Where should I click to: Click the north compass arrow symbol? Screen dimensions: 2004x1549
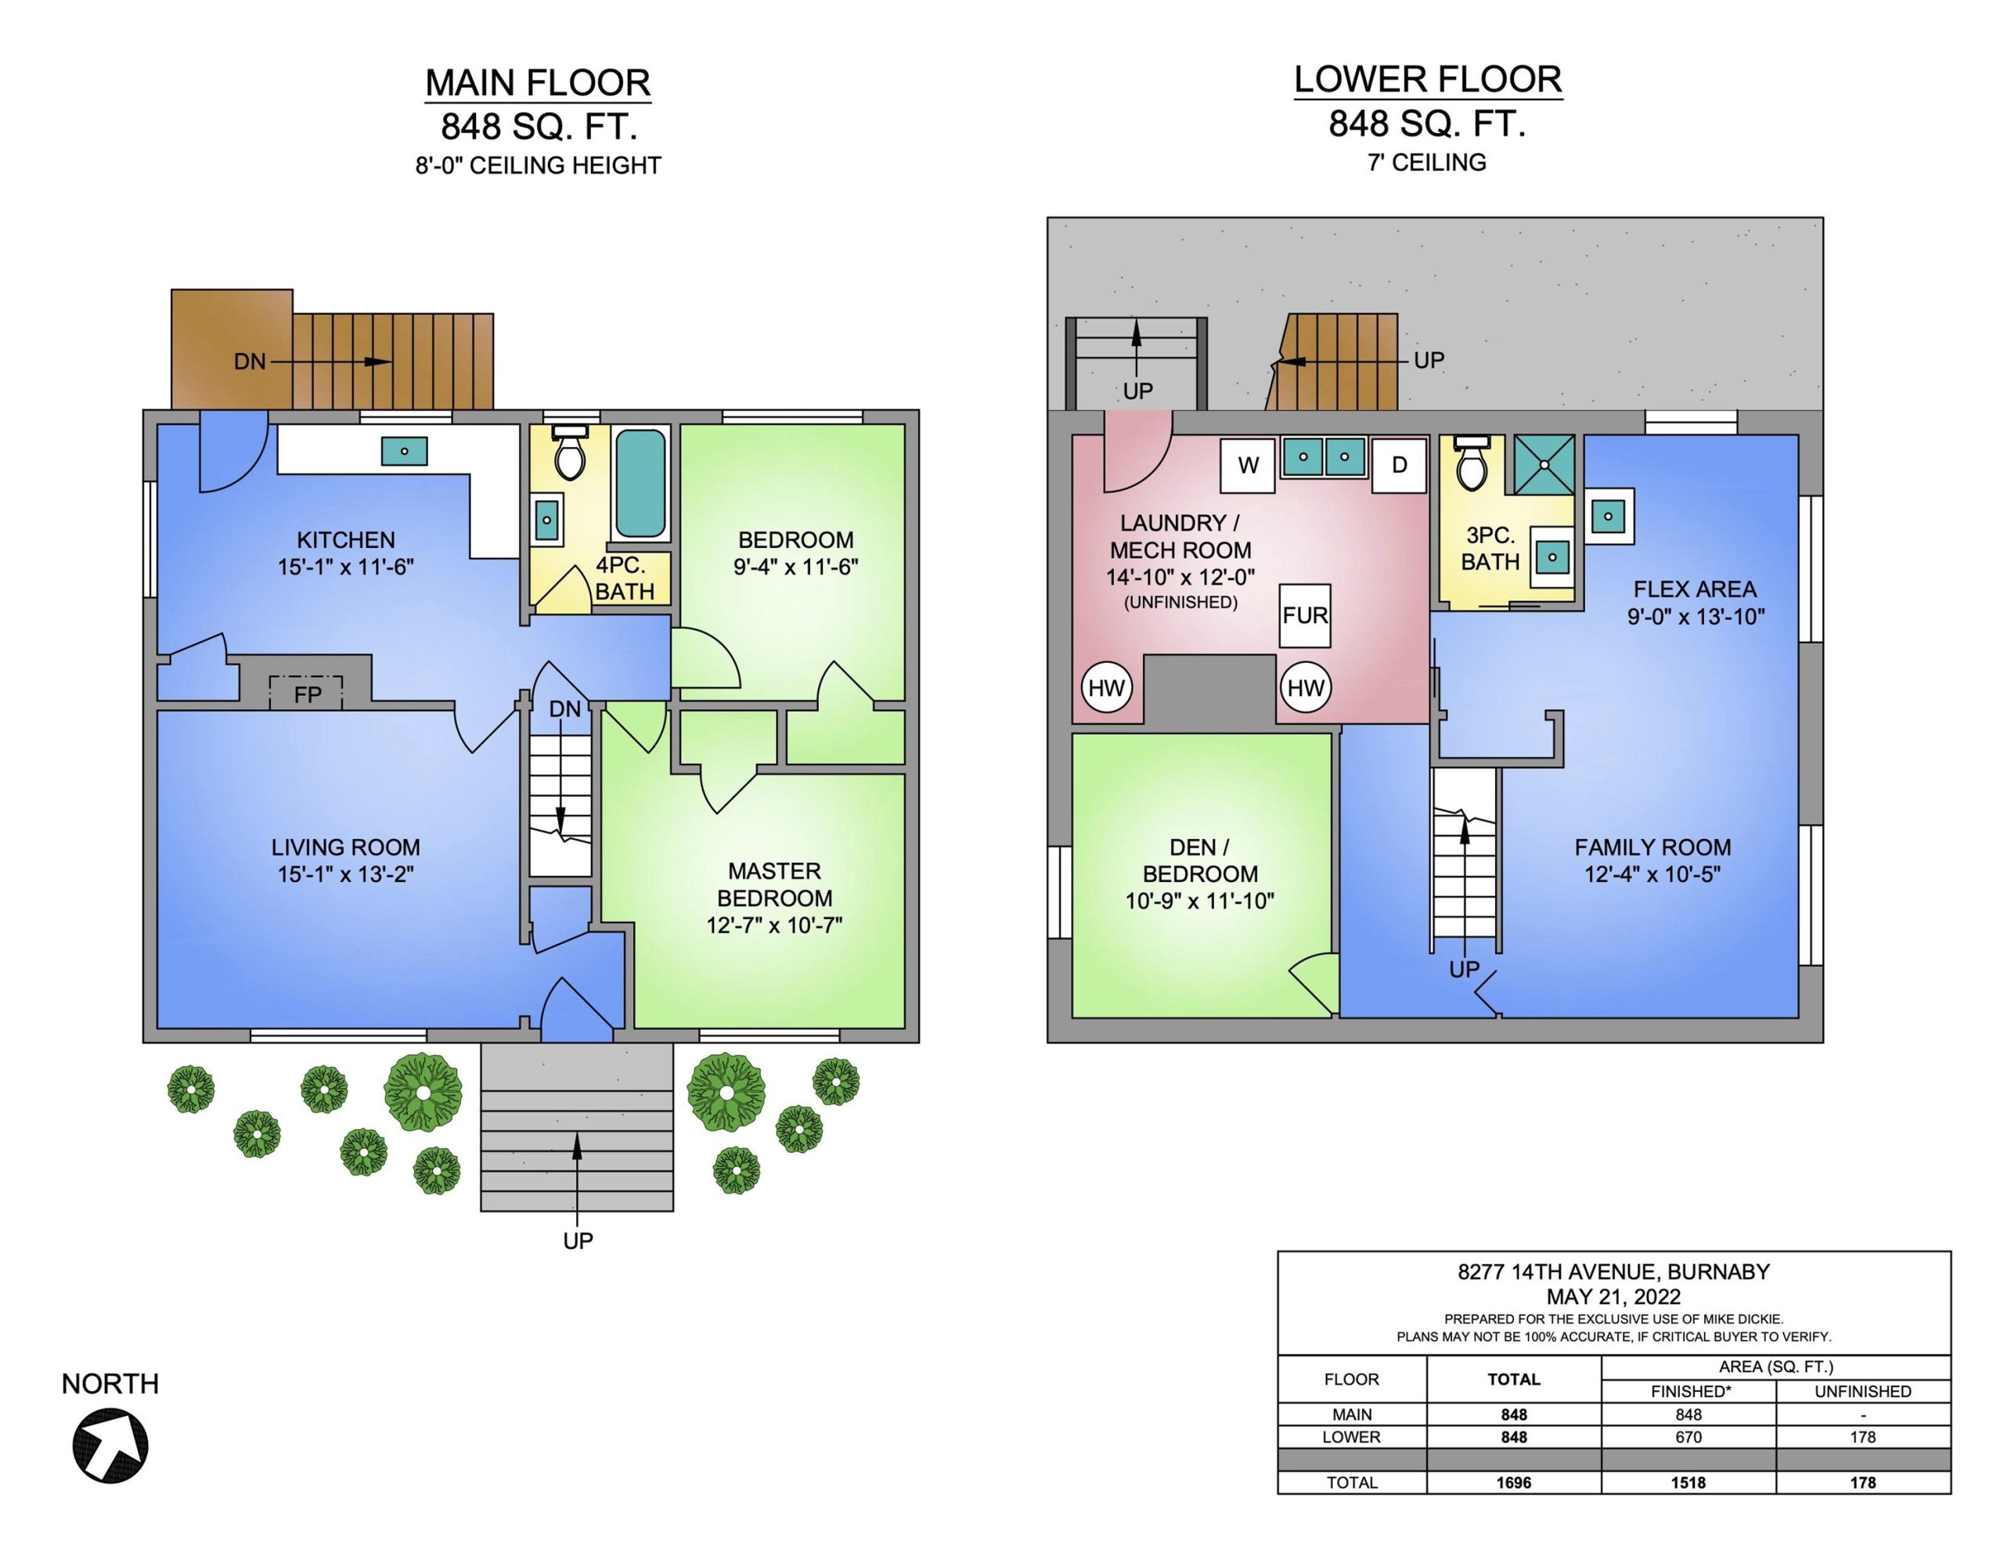click(110, 1446)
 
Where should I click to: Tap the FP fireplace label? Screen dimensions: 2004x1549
click(308, 695)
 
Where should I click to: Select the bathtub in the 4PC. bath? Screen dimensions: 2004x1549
click(640, 483)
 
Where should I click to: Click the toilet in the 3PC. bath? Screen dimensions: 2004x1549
click(1472, 463)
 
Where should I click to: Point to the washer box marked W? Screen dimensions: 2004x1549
click(1248, 465)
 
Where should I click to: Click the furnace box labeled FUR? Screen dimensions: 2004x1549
click(1305, 615)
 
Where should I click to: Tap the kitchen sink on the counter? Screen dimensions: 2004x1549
click(404, 452)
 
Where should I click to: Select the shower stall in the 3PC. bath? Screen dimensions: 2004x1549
click(1544, 464)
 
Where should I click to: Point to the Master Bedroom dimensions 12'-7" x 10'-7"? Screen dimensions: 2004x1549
click(774, 925)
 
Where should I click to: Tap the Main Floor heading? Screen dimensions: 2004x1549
click(538, 83)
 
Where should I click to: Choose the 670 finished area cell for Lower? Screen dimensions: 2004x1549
click(1689, 1437)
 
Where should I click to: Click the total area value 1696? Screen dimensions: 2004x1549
click(1514, 1482)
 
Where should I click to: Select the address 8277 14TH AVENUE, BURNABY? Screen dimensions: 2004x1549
click(1614, 1272)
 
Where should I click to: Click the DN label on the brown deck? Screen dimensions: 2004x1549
click(250, 362)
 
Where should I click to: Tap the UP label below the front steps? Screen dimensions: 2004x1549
click(578, 1241)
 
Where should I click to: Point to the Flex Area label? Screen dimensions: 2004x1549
click(1695, 589)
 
